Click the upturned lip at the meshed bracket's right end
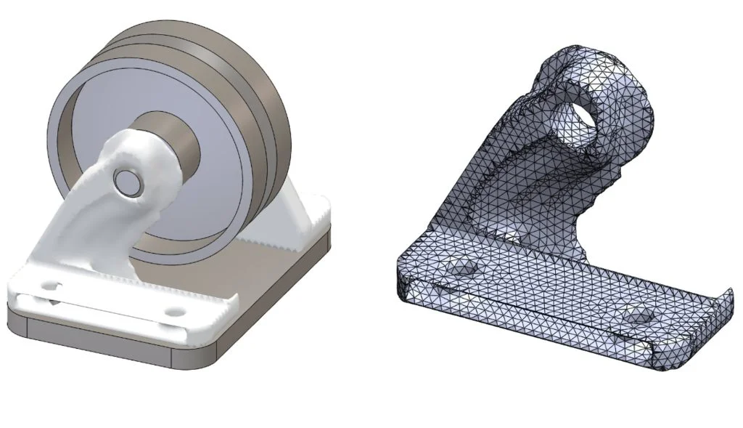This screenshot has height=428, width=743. [x=723, y=299]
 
